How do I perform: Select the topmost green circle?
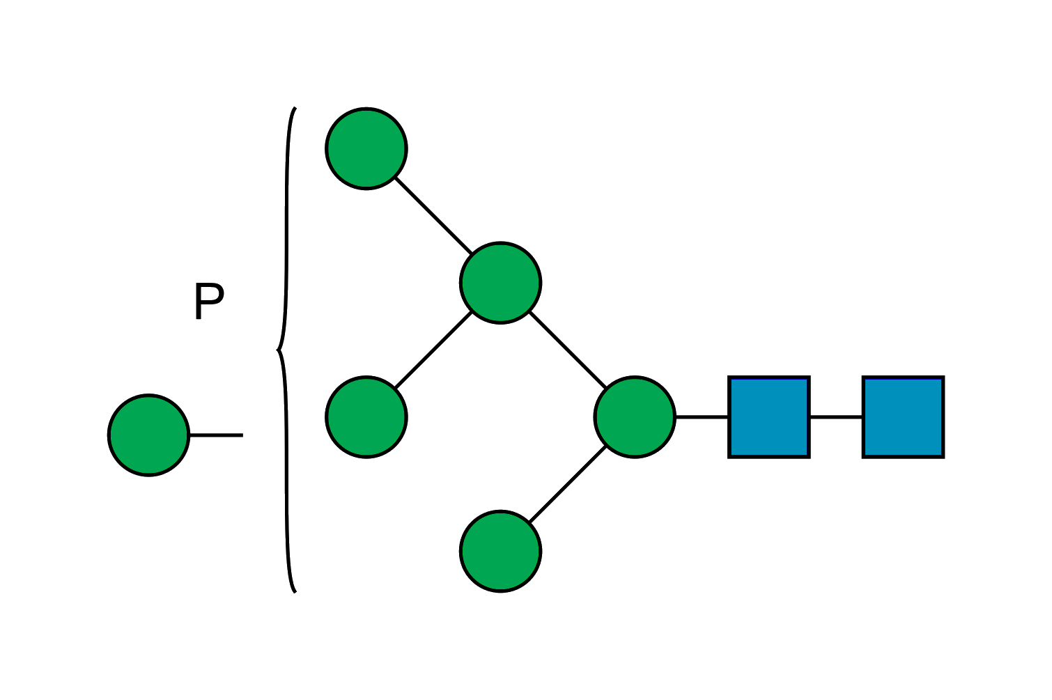tap(366, 148)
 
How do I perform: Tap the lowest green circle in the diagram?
tap(500, 551)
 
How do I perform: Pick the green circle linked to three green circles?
tap(500, 283)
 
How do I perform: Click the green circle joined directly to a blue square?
tap(634, 417)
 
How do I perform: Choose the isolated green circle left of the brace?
tap(148, 435)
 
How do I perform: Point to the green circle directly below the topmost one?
tap(366, 417)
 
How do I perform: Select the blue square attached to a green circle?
tap(769, 417)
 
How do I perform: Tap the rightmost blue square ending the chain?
tap(903, 417)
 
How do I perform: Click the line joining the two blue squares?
tap(836, 417)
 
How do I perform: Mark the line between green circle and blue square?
tap(702, 417)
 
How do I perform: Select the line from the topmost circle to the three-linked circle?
tap(433, 216)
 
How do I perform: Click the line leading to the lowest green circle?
tap(567, 484)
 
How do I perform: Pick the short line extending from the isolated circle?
tap(216, 435)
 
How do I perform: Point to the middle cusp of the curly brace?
tap(278, 350)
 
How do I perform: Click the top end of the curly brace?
tap(295, 109)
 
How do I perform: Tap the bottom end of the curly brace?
tap(295, 591)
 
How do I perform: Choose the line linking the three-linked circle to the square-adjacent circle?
tap(567, 350)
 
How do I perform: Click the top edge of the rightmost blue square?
tap(903, 379)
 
